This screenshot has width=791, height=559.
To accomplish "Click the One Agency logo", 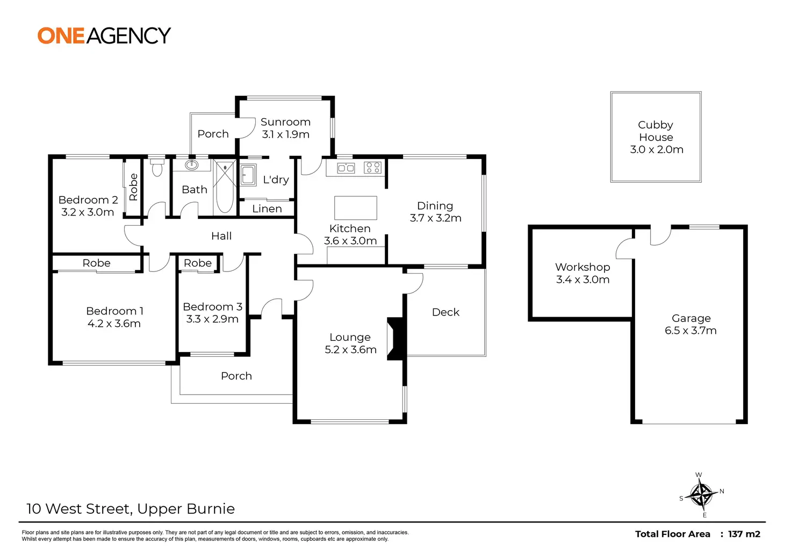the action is pyautogui.click(x=104, y=35).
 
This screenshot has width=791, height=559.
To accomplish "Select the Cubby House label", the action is pyautogui.click(x=656, y=131).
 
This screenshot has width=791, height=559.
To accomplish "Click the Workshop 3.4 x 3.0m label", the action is pyautogui.click(x=583, y=273).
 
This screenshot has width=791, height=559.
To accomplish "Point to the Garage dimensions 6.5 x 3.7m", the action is pyautogui.click(x=691, y=331).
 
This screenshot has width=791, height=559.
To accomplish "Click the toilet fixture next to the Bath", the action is pyautogui.click(x=157, y=168).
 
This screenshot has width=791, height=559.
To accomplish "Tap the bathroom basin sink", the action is pyautogui.click(x=191, y=164).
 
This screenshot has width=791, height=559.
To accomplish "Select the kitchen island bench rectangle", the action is pyautogui.click(x=355, y=207).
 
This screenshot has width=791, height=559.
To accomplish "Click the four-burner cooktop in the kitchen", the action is pyautogui.click(x=372, y=168).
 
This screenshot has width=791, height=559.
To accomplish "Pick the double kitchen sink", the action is pyautogui.click(x=346, y=168).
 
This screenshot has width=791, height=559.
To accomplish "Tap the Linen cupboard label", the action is pyautogui.click(x=267, y=209).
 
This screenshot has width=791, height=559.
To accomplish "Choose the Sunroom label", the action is pyautogui.click(x=285, y=122).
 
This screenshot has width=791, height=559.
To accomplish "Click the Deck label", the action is pyautogui.click(x=445, y=312).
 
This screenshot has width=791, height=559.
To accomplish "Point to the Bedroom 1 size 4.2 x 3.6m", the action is pyautogui.click(x=114, y=324).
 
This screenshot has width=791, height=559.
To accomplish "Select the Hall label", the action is pyautogui.click(x=221, y=236).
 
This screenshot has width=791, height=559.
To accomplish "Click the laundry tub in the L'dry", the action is pyautogui.click(x=248, y=174).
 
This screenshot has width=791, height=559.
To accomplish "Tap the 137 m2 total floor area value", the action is pyautogui.click(x=744, y=534).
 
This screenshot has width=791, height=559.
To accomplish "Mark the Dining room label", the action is pyautogui.click(x=435, y=206).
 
